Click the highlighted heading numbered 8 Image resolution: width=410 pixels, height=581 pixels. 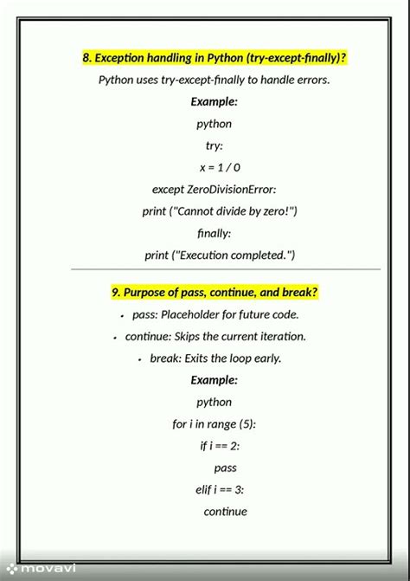pyautogui.click(x=215, y=58)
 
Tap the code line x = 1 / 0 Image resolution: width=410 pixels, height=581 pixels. pyautogui.click(x=220, y=167)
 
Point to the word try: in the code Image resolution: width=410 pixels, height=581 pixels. pyautogui.click(x=214, y=145)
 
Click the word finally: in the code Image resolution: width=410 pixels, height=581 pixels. pyautogui.click(x=214, y=233)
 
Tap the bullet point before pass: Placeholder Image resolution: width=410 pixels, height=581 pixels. pyautogui.click(x=122, y=316)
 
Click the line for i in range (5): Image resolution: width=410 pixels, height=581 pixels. pyautogui.click(x=214, y=424)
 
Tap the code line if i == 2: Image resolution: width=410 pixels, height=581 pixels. pyautogui.click(x=220, y=446)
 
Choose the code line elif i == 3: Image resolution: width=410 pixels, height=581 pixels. pyautogui.click(x=220, y=489)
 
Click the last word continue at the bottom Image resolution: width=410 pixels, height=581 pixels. pyautogui.click(x=226, y=512)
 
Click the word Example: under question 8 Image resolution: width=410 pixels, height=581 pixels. pyautogui.click(x=214, y=102)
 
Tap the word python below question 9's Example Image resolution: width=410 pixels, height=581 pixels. pyautogui.click(x=214, y=402)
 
